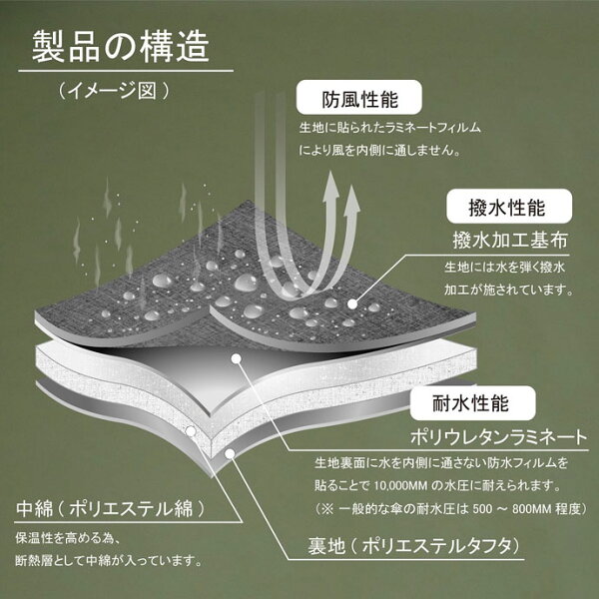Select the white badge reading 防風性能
358,100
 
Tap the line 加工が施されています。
505,291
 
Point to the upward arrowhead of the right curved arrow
351,199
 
